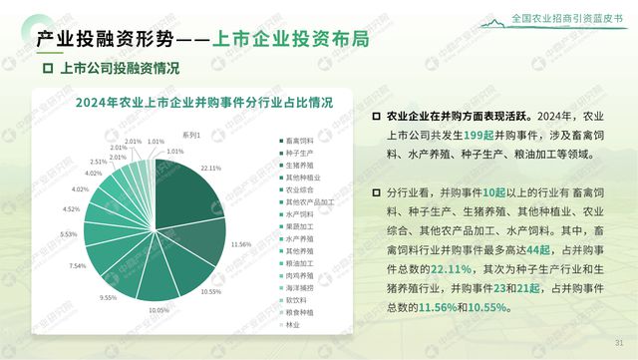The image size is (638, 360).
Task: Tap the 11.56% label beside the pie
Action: (x=239, y=244)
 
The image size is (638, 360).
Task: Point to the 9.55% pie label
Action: (x=108, y=297)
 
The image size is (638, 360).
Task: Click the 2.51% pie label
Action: (x=99, y=161)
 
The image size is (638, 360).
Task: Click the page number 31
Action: (x=618, y=338)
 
